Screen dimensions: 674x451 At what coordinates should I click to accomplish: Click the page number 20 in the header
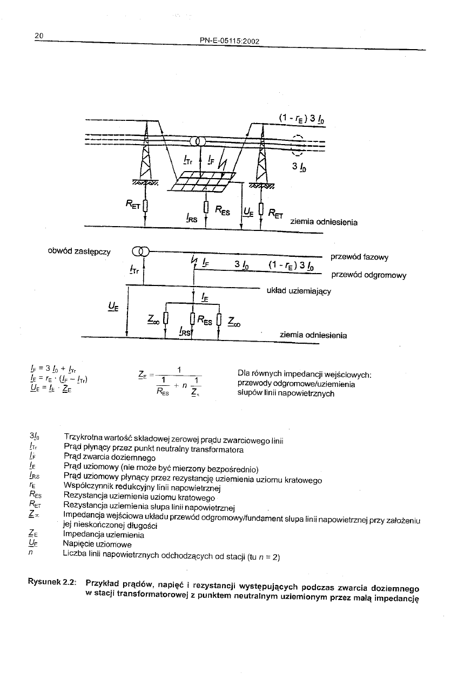38,36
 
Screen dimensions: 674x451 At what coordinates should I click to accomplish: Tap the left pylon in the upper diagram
145,162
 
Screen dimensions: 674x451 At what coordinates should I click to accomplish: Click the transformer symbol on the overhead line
196,141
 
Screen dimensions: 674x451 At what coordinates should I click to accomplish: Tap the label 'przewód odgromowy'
369,275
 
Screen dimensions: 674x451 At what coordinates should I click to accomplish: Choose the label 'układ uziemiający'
299,291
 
